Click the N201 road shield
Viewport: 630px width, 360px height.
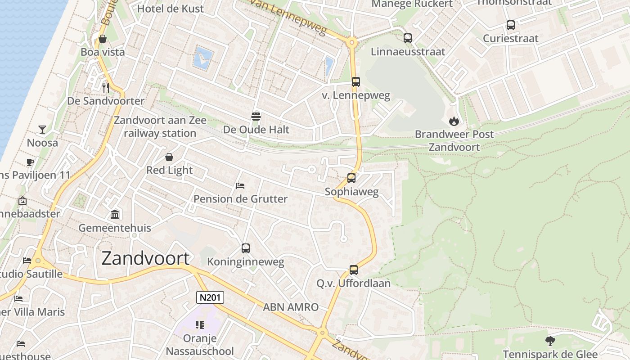pos(210,297)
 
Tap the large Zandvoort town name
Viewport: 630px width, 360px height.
pos(145,258)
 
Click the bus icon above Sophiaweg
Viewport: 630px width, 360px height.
pos(351,178)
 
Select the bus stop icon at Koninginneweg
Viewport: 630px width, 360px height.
pos(246,248)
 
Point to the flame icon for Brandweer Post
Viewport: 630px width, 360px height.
pos(454,121)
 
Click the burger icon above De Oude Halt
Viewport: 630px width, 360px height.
pos(256,117)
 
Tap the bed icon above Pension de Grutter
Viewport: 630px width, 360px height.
pos(240,185)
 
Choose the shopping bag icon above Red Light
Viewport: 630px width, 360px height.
pos(169,157)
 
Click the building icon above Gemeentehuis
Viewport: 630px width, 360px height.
pos(115,214)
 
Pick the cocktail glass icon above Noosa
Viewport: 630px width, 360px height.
pos(42,130)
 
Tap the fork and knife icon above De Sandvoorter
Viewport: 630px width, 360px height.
pos(106,87)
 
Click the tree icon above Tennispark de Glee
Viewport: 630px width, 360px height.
pos(550,341)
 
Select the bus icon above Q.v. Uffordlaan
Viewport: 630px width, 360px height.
pos(354,270)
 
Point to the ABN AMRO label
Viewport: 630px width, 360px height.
pos(291,307)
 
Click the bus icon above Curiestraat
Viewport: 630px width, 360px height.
pos(511,25)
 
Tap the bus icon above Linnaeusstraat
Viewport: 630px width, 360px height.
pos(408,38)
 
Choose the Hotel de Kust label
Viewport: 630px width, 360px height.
pos(170,8)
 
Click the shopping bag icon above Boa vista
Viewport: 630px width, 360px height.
pos(103,39)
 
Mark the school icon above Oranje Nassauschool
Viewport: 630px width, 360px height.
pos(200,324)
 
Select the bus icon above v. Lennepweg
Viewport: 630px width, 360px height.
pos(356,82)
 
